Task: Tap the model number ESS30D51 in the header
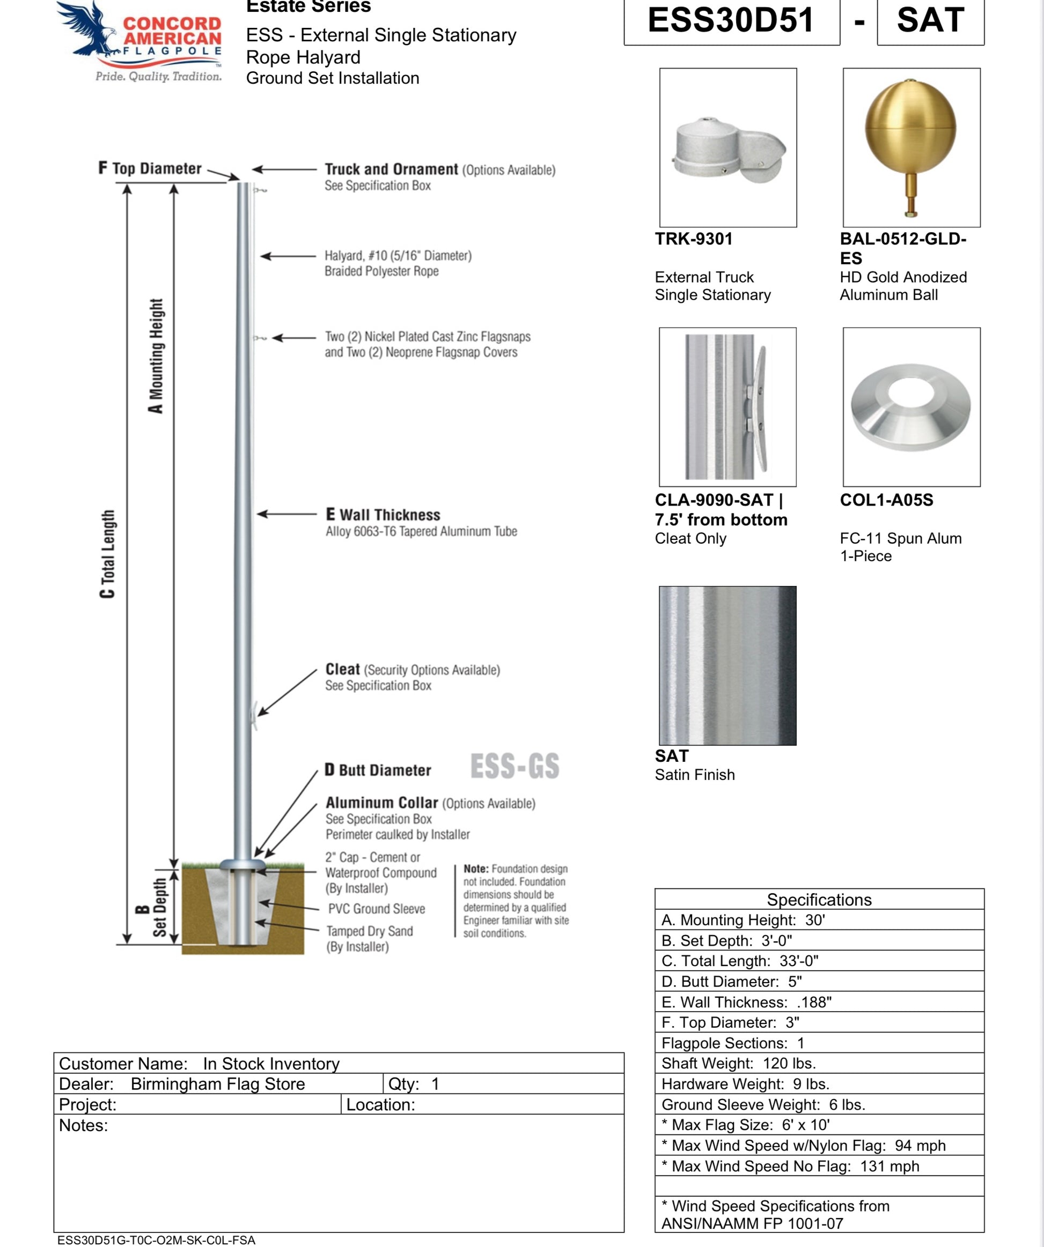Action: pyautogui.click(x=731, y=20)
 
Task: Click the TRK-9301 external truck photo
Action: pyautogui.click(x=728, y=149)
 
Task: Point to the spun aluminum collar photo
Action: pyautogui.click(x=911, y=407)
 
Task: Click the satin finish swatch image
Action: pyautogui.click(x=727, y=665)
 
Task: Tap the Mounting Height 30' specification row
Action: pyautogui.click(x=819, y=920)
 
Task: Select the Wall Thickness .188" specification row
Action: pyautogui.click(x=819, y=1003)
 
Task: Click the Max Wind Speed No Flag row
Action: pyautogui.click(x=819, y=1166)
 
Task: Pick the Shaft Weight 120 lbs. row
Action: pyautogui.click(x=819, y=1063)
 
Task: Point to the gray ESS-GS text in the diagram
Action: pyautogui.click(x=514, y=766)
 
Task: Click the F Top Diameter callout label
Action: pyautogui.click(x=150, y=169)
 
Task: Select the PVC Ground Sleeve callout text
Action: pyautogui.click(x=376, y=909)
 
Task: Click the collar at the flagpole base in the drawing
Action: pyautogui.click(x=242, y=863)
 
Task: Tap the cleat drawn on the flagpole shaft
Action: pyautogui.click(x=255, y=716)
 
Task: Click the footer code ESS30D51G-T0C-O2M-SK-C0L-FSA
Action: pyautogui.click(x=156, y=1240)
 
